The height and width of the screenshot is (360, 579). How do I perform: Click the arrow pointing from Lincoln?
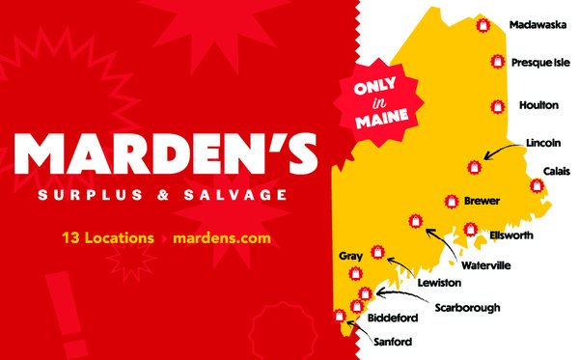pos(503,151)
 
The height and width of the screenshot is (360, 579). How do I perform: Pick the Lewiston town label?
pos(439,283)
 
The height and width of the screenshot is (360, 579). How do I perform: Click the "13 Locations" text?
pos(107,236)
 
